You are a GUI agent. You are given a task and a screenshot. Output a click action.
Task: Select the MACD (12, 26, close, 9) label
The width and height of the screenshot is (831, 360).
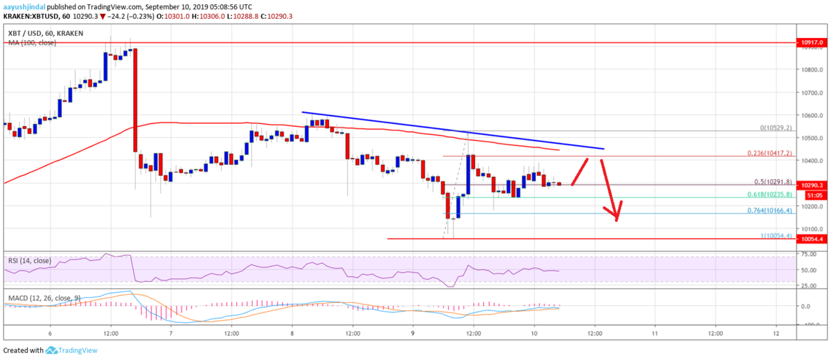tap(43, 299)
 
